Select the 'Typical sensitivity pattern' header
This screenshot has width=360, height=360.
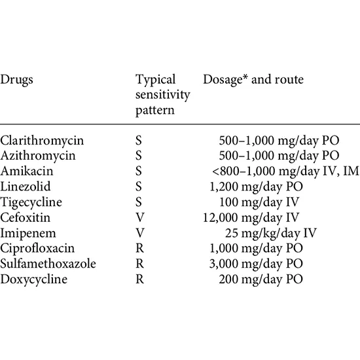point(162,94)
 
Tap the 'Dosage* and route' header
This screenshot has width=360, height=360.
point(253,80)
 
